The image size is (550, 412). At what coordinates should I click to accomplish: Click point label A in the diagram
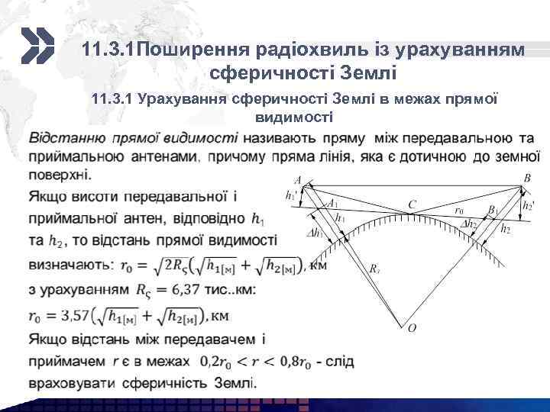pyautogui.click(x=296, y=180)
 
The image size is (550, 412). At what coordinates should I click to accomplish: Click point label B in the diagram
pyautogui.click(x=526, y=178)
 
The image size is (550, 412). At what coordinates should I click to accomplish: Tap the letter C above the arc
pyautogui.click(x=412, y=204)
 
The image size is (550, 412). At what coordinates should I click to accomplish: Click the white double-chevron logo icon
pyautogui.click(x=36, y=47)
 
